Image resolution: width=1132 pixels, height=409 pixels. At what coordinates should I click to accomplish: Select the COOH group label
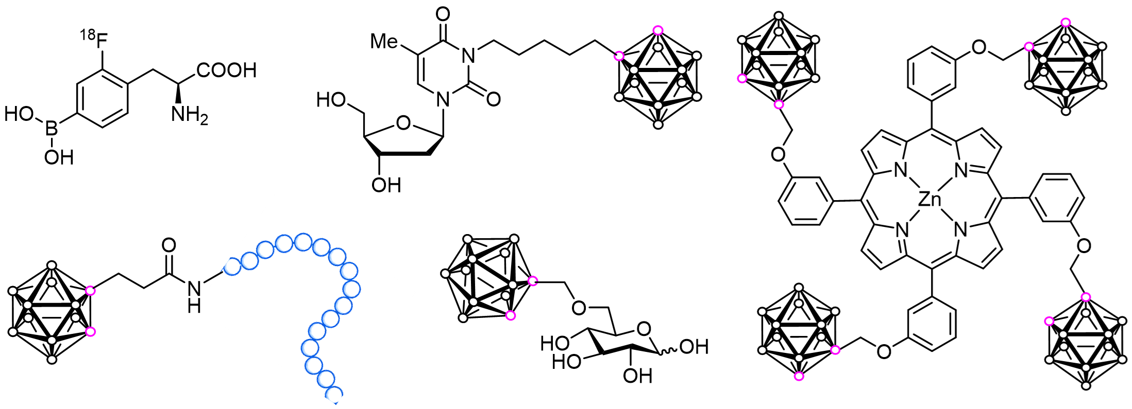click(x=227, y=70)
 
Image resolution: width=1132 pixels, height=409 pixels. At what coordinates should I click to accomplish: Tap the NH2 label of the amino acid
click(x=190, y=114)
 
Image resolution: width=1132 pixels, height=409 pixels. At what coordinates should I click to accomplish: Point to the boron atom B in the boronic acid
click(x=52, y=129)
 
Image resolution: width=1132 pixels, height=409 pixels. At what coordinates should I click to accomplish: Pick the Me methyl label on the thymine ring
click(x=384, y=41)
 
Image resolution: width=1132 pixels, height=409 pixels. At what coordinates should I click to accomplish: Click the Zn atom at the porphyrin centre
click(x=931, y=200)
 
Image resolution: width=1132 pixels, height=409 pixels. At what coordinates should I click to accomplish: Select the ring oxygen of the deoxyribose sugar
click(x=403, y=122)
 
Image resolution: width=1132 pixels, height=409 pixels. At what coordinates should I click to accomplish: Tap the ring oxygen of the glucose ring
click(x=644, y=328)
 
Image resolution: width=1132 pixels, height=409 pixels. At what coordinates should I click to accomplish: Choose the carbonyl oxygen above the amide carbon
click(x=169, y=245)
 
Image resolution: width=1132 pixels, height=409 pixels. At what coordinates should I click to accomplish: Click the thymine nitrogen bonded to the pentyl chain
click(x=468, y=55)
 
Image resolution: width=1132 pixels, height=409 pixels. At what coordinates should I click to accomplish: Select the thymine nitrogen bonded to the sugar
click(x=443, y=99)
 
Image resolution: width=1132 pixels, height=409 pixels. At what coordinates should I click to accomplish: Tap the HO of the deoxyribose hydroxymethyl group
click(x=331, y=99)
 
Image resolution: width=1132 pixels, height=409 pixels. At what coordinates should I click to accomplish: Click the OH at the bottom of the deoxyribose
click(x=386, y=184)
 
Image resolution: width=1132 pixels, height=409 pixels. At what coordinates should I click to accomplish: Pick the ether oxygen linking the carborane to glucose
click(x=579, y=308)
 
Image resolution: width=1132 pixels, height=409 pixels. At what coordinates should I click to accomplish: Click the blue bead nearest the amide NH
click(x=232, y=266)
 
